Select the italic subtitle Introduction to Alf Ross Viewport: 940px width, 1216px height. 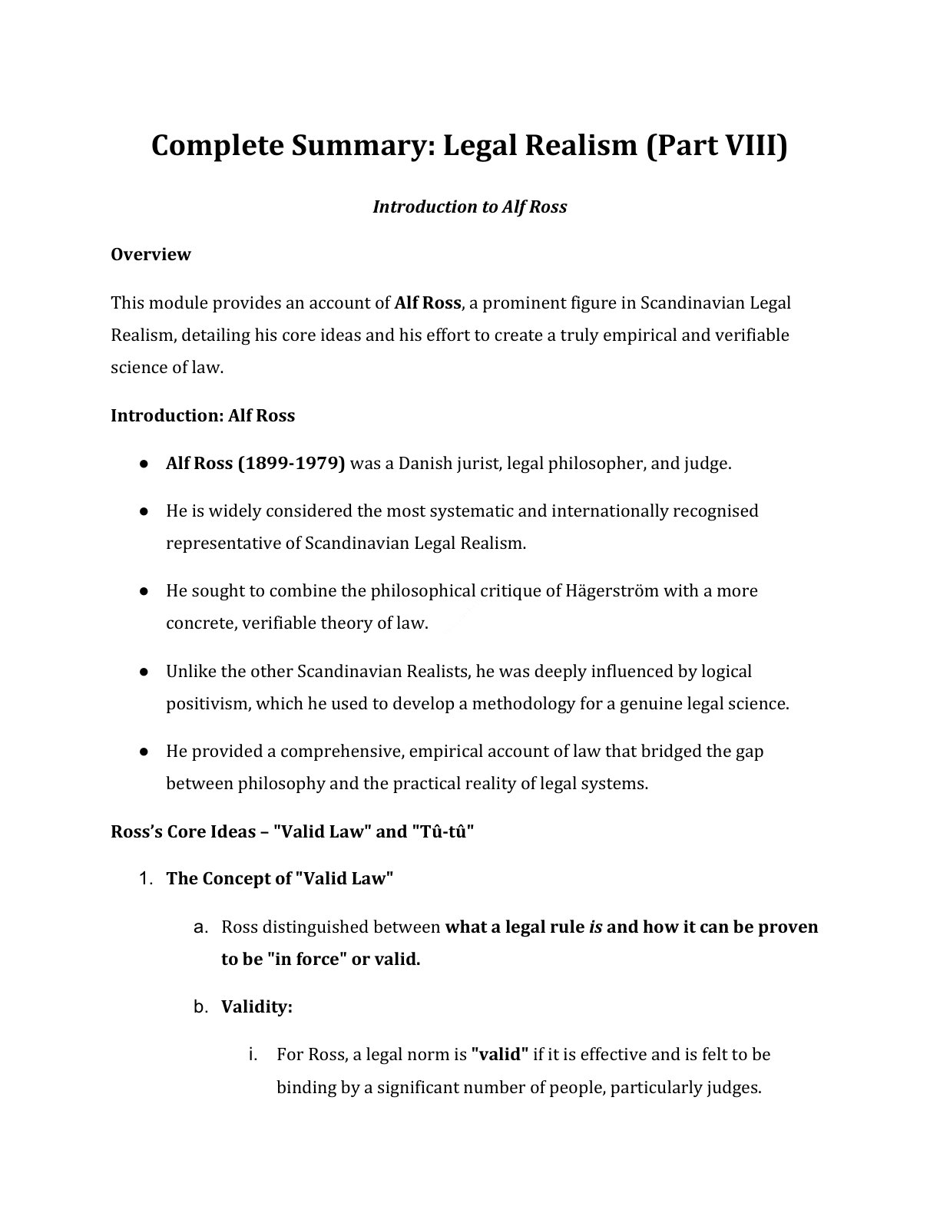pyautogui.click(x=470, y=207)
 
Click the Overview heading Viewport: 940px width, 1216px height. pyautogui.click(x=151, y=254)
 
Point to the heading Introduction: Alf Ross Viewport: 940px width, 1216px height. pyautogui.click(x=203, y=415)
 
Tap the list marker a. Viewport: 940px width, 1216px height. pyautogui.click(x=201, y=927)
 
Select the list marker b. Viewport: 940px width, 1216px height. pyautogui.click(x=201, y=1006)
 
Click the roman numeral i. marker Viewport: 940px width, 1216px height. pyautogui.click(x=253, y=1054)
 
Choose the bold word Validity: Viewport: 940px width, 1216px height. pyautogui.click(x=257, y=1006)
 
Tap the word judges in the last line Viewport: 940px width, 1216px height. pyautogui.click(x=732, y=1088)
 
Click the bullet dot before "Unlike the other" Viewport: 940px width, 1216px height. pyautogui.click(x=144, y=672)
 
